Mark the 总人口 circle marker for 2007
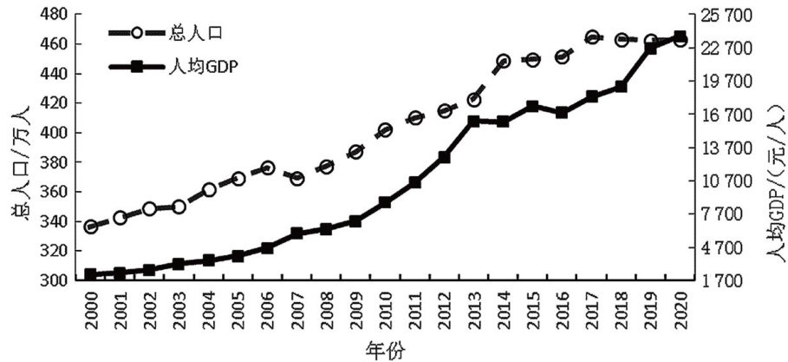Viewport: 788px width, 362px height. (297, 178)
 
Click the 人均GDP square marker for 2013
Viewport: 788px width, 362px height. (473, 121)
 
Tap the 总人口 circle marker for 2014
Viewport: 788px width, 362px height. (504, 62)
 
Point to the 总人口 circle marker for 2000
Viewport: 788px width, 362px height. (90, 227)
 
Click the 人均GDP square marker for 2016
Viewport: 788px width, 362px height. (563, 112)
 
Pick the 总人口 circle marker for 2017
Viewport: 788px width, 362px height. (592, 37)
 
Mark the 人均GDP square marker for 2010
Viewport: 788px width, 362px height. (385, 202)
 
